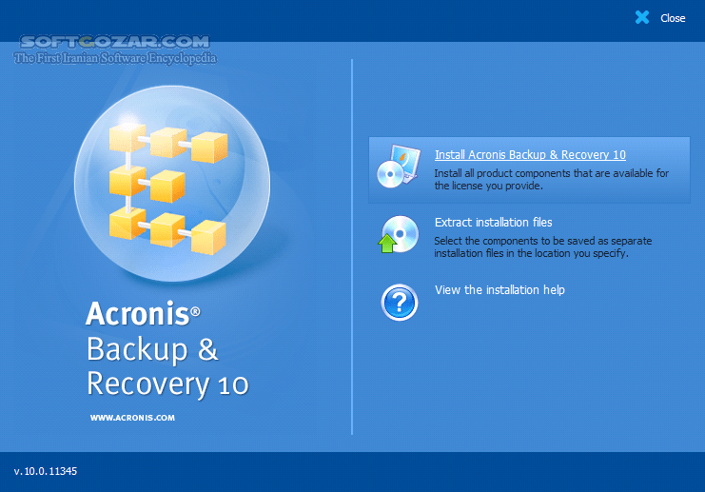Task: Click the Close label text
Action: coord(673,18)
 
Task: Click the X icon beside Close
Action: coord(642,17)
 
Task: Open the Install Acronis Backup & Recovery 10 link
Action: coord(530,155)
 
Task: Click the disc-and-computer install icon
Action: coord(398,166)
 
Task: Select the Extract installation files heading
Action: coord(493,223)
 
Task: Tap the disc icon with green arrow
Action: coord(399,234)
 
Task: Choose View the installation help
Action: coord(499,290)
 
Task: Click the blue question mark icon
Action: coord(400,302)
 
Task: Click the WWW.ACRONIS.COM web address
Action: coord(132,417)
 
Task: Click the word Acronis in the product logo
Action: coord(137,314)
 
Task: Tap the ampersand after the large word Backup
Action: coord(208,349)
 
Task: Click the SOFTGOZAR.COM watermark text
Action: coord(114,42)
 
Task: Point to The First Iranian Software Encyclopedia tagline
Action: coord(114,58)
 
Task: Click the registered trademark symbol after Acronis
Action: coord(195,310)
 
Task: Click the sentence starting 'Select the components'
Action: coord(543,247)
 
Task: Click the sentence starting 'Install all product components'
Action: coord(552,180)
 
